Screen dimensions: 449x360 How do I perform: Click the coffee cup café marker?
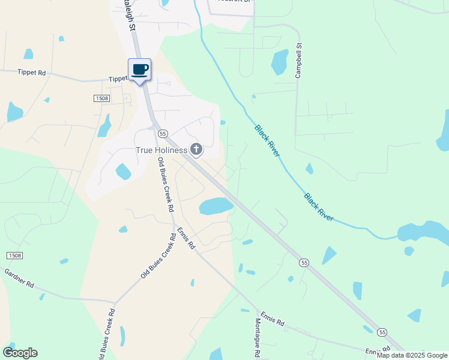click(x=139, y=70)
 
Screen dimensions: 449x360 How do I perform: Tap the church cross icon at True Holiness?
click(x=196, y=149)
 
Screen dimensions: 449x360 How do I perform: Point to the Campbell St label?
click(x=297, y=61)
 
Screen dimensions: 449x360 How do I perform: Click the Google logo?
click(x=20, y=353)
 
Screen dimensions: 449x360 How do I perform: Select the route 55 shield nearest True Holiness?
click(x=163, y=133)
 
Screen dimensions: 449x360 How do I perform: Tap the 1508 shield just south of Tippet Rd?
click(x=102, y=98)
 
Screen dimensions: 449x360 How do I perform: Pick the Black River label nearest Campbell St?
click(x=268, y=141)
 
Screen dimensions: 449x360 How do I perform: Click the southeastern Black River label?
click(x=318, y=207)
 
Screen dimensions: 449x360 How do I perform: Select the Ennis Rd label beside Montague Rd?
click(x=272, y=318)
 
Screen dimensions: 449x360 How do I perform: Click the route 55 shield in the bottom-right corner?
click(x=382, y=332)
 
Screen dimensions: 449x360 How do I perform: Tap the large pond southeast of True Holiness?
click(x=216, y=206)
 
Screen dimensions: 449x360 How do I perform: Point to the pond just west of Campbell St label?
click(x=280, y=61)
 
